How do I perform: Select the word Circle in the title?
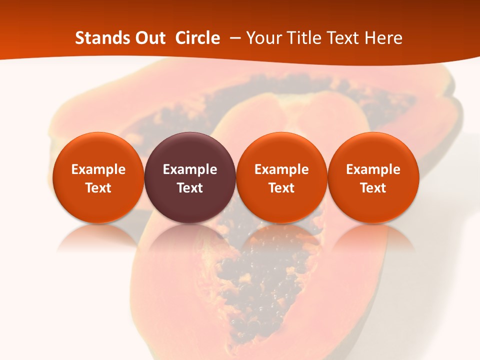(197, 38)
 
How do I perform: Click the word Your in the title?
(262, 38)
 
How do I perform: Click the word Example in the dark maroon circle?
(190, 169)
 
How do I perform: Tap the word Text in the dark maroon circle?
(190, 188)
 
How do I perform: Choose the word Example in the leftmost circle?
(98, 169)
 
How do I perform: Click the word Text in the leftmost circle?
(98, 188)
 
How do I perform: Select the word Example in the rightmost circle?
(373, 169)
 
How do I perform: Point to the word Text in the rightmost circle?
(373, 188)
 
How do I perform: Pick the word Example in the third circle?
(281, 169)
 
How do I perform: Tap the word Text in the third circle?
(281, 188)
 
